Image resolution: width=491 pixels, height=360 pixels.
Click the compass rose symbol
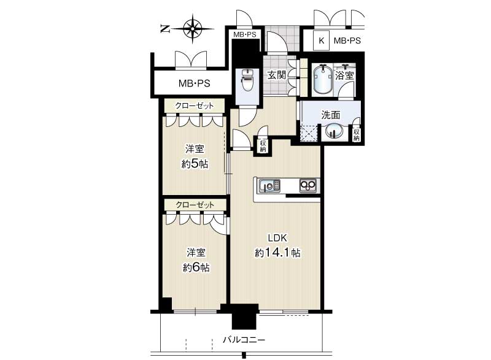coord(192,29)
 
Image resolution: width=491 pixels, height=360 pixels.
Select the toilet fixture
coord(247,79)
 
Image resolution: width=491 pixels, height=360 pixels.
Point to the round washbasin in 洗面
coord(332,131)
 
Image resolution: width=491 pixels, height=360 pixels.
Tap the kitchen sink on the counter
coord(269,186)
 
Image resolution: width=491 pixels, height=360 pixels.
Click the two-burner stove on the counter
coord(308,186)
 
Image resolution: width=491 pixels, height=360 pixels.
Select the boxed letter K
coord(321,40)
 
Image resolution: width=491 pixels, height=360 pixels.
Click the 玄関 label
coord(277,75)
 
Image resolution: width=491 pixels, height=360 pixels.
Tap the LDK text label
coord(277,238)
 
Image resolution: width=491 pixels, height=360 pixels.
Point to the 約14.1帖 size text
coord(277,253)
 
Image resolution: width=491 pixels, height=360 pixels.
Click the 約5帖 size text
coord(195,164)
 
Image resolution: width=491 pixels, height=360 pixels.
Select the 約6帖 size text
coord(196,267)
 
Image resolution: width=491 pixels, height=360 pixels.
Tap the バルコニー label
coord(244,339)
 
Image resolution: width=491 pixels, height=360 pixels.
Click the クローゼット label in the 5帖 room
coord(195,105)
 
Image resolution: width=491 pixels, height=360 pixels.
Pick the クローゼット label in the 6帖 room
coord(195,205)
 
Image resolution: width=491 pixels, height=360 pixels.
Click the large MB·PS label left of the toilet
coord(194,83)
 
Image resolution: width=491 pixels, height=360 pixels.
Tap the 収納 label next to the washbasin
coord(357,135)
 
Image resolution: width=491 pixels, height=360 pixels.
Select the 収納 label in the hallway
coord(263,146)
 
